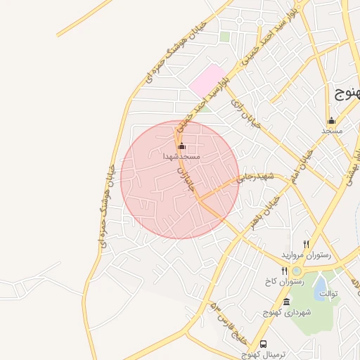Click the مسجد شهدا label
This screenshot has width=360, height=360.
point(182,156)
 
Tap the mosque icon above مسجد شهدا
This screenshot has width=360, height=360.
point(182,146)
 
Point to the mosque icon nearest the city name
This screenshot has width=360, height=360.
point(331,120)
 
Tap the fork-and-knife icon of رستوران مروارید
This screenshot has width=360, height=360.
point(306,243)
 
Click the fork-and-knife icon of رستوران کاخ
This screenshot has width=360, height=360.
point(284,271)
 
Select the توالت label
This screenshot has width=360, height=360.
point(329,292)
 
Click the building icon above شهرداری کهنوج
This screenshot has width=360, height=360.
point(285,302)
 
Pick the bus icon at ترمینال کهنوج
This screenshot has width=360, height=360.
point(263,344)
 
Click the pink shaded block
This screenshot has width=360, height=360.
point(206,82)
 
